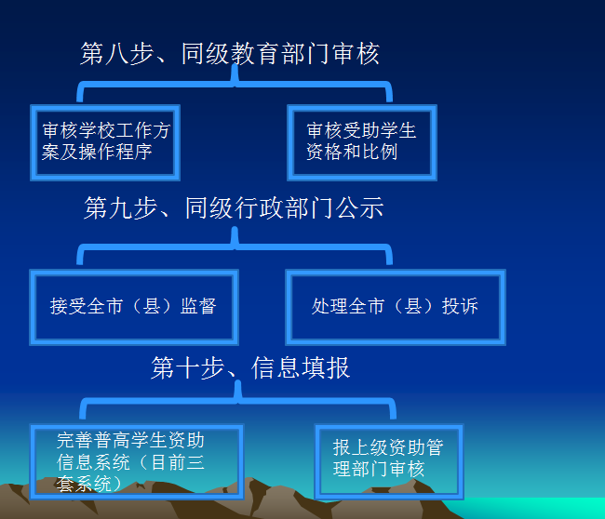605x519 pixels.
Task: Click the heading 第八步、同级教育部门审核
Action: pos(230,54)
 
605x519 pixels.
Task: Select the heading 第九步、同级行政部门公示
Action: pos(234,207)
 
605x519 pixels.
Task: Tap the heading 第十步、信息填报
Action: pos(250,367)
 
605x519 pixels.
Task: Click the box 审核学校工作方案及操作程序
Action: pos(105,142)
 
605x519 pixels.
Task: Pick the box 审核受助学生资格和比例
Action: pos(362,142)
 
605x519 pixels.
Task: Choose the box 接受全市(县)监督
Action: pos(134,307)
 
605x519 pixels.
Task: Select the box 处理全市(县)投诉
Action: pos(396,307)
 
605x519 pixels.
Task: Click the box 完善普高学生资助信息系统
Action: pos(137,462)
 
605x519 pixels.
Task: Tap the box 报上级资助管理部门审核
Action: pos(389,462)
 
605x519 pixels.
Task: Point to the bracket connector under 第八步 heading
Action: pos(235,84)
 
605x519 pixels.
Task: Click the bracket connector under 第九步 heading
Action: pos(235,246)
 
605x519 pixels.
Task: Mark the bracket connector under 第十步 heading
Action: pos(237,401)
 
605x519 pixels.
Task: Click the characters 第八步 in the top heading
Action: pos(117,54)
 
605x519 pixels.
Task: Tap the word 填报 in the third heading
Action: pos(326,367)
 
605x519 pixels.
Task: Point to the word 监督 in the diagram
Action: pos(198,306)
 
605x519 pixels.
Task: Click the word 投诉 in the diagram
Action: pos(460,306)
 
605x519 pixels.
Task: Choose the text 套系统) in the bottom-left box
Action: pos(89,484)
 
